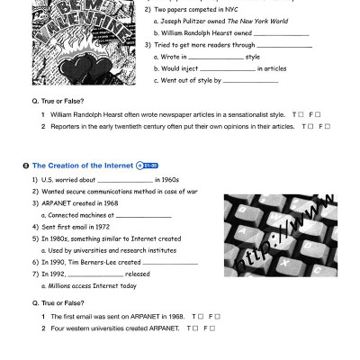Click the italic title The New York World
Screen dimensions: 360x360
point(251,21)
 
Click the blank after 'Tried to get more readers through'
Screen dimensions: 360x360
point(284,45)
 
